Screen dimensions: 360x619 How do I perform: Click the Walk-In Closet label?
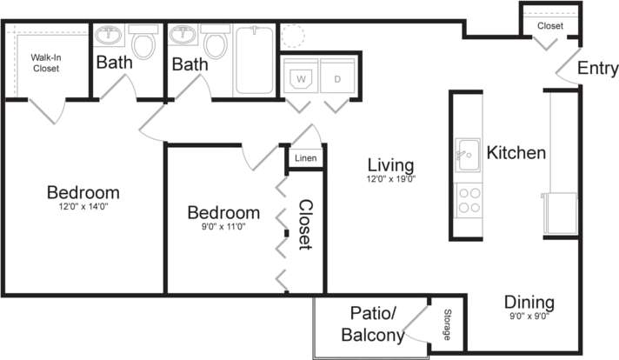click(x=45, y=63)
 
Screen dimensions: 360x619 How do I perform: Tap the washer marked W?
click(x=302, y=78)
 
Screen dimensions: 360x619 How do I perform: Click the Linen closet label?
click(x=305, y=158)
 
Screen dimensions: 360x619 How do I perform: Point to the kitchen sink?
click(x=468, y=156)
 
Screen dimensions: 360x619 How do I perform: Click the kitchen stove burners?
click(x=469, y=201)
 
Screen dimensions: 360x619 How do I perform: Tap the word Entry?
click(x=598, y=68)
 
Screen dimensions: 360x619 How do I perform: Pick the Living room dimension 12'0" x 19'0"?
click(x=390, y=181)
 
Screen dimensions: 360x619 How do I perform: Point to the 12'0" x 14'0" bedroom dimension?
click(x=83, y=207)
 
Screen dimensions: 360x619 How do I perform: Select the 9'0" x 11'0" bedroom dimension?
click(x=223, y=226)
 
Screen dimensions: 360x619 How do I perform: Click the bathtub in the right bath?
click(x=256, y=61)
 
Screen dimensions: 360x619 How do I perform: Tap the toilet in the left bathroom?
click(x=143, y=41)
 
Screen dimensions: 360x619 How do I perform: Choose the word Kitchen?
click(x=516, y=153)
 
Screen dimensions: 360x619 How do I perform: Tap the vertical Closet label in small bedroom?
click(x=305, y=224)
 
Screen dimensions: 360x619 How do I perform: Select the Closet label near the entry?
click(x=549, y=26)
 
